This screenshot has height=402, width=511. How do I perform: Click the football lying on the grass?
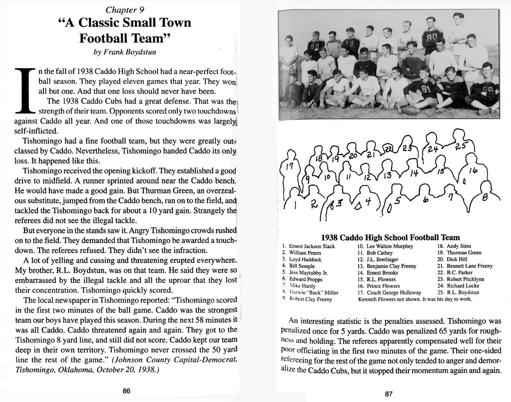(x=411, y=110)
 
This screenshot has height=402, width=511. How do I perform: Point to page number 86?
(x=126, y=391)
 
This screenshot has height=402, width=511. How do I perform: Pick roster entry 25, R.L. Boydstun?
(x=458, y=293)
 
